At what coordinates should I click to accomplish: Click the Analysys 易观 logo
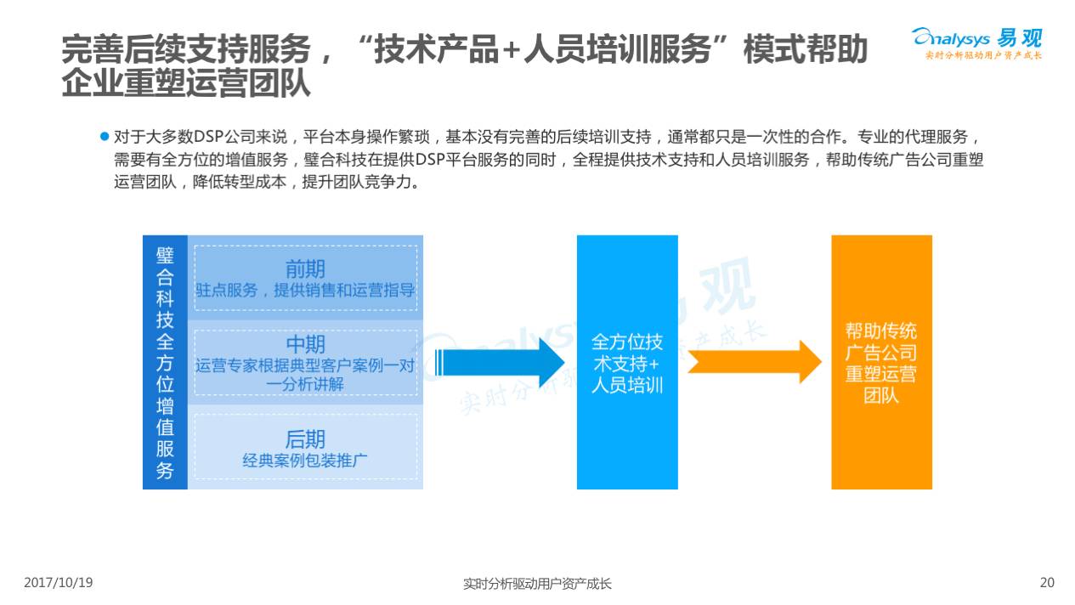coord(976,42)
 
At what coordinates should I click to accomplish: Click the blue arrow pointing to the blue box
coord(501,362)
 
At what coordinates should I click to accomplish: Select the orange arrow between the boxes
coord(753,362)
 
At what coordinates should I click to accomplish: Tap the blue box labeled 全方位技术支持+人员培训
coord(627,362)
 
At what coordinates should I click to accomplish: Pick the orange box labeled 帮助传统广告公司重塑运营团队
coord(881,362)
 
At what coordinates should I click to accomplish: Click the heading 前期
coord(305,269)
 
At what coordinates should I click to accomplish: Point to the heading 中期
coord(305,344)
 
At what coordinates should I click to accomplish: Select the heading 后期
coord(305,439)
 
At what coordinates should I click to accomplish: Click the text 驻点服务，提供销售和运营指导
coord(305,291)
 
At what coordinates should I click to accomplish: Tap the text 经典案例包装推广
coord(305,461)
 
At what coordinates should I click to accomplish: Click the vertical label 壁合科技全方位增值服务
coord(165,362)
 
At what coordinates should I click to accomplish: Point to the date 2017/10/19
coord(58,583)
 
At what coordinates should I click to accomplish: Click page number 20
coord(1047,583)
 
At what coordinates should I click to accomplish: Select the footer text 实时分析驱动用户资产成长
coord(537,584)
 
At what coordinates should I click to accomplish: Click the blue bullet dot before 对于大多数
coord(105,136)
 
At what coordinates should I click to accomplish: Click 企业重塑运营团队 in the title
coord(186,84)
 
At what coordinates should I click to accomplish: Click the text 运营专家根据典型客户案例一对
coord(305,366)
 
